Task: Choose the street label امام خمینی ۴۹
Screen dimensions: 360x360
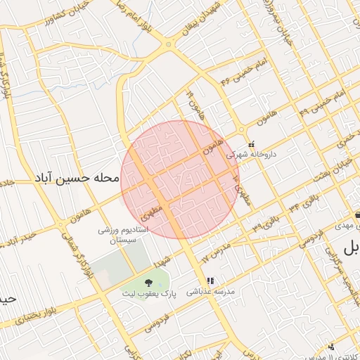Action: click(320, 103)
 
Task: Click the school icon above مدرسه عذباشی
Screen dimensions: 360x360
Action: click(209, 281)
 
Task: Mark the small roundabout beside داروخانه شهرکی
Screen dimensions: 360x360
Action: click(241, 129)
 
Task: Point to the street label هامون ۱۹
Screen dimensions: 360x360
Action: click(192, 104)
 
